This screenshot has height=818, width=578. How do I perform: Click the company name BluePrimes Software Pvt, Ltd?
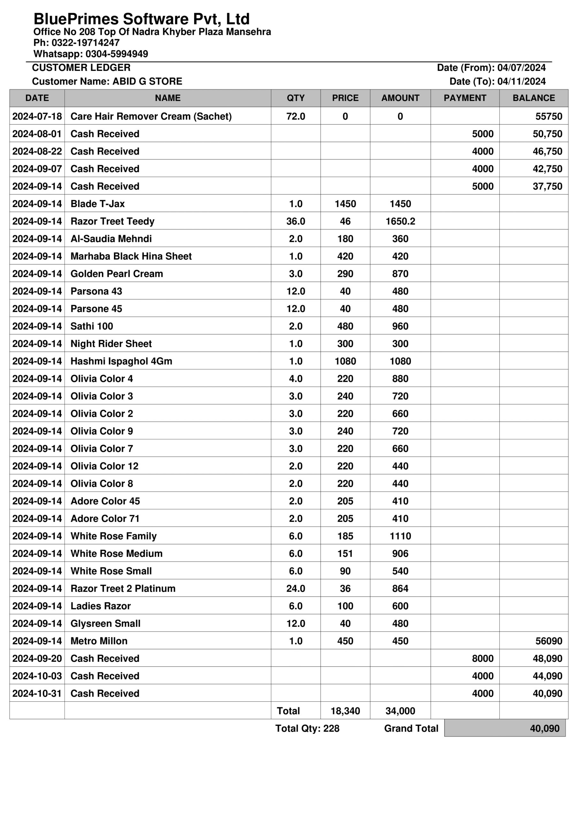point(141,19)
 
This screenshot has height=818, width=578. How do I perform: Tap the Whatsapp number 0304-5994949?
point(117,54)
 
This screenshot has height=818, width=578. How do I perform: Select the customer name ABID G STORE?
point(147,81)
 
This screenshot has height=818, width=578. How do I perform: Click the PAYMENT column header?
point(464,98)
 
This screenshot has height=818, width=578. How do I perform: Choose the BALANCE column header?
point(534,98)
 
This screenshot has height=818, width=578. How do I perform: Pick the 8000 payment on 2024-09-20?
point(482,658)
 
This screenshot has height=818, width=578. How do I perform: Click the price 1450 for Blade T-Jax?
point(345,204)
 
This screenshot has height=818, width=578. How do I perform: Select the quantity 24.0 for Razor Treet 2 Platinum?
point(295,588)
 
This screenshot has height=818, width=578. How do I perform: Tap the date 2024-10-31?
point(37,693)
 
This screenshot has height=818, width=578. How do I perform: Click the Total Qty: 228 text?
point(307,728)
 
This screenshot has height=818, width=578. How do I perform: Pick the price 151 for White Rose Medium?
point(345,553)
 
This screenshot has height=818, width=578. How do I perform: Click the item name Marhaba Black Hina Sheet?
point(131,256)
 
